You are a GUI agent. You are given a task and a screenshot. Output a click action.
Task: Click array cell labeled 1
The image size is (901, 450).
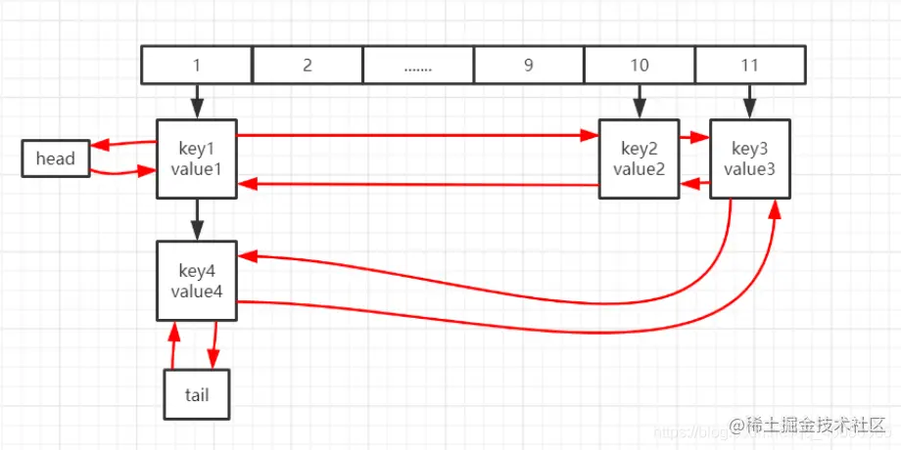coord(197,66)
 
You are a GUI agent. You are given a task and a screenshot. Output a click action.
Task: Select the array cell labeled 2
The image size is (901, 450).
coord(308,66)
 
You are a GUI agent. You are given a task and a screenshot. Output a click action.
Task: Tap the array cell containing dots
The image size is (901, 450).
coord(418,66)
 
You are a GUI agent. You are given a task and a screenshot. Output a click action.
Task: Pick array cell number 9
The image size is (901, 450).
coord(529,66)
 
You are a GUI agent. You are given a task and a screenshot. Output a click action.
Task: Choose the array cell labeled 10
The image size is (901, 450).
coord(640,66)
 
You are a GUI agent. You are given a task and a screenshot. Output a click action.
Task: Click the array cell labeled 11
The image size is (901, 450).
coord(750,66)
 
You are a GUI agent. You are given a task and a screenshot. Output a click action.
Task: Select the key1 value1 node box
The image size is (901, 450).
coord(197,158)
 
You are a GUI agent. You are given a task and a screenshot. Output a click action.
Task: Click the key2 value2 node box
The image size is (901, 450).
coord(639,158)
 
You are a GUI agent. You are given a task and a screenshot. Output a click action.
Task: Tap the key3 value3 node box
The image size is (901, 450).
coord(750,158)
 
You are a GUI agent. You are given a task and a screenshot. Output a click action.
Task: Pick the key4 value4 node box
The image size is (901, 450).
coord(197,280)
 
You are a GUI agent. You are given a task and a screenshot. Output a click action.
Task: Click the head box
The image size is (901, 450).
coord(56,158)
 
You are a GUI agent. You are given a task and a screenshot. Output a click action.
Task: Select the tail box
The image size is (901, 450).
coord(197,394)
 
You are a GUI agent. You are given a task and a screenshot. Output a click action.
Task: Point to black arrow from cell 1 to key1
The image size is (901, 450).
coord(197,101)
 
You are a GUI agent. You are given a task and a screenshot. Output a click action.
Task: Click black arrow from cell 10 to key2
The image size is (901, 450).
coord(640,101)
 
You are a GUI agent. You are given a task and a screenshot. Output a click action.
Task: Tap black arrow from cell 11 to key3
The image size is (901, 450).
coord(750,101)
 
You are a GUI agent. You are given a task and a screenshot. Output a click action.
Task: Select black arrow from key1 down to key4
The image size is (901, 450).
coord(197,218)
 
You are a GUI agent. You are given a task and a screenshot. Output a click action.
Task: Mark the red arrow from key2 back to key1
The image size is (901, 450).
coord(416,183)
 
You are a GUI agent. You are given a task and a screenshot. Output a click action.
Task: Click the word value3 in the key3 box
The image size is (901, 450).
coord(750,168)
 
